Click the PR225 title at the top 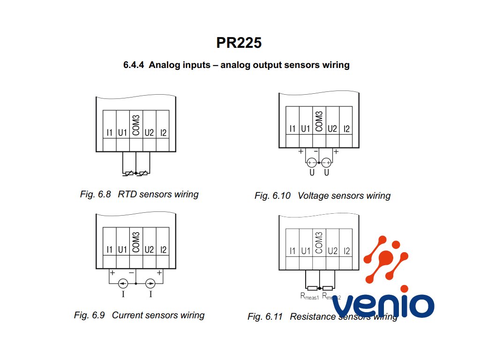point(239,43)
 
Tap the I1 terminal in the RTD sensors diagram point(109,133)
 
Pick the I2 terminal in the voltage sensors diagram point(346,128)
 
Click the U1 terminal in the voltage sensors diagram point(306,128)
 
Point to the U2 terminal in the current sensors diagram point(149,250)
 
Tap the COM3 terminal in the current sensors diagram point(136,242)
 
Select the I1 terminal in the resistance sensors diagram point(292,251)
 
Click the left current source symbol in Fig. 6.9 point(123,284)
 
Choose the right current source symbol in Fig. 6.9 point(150,284)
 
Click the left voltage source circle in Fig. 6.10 point(311,162)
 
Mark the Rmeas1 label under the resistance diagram point(309,296)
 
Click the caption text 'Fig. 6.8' point(96,194)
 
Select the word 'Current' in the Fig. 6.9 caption point(128,315)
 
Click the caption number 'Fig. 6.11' point(265,316)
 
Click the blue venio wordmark point(383,306)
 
